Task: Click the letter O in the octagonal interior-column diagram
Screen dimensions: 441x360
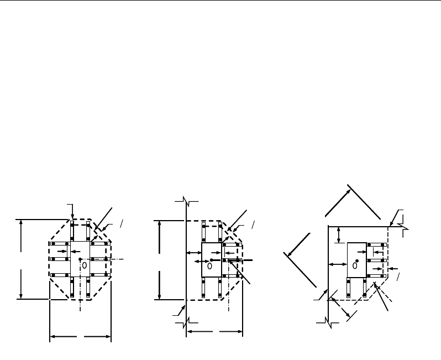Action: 85,265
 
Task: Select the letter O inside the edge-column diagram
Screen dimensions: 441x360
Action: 210,266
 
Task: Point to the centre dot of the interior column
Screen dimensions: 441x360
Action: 80,259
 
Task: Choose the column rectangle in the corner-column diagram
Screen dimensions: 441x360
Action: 356,259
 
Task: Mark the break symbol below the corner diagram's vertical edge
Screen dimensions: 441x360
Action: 328,323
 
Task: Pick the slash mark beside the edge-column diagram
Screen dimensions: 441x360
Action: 253,224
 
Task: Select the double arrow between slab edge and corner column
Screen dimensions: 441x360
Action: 337,265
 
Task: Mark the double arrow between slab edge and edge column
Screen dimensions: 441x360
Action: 193,253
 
